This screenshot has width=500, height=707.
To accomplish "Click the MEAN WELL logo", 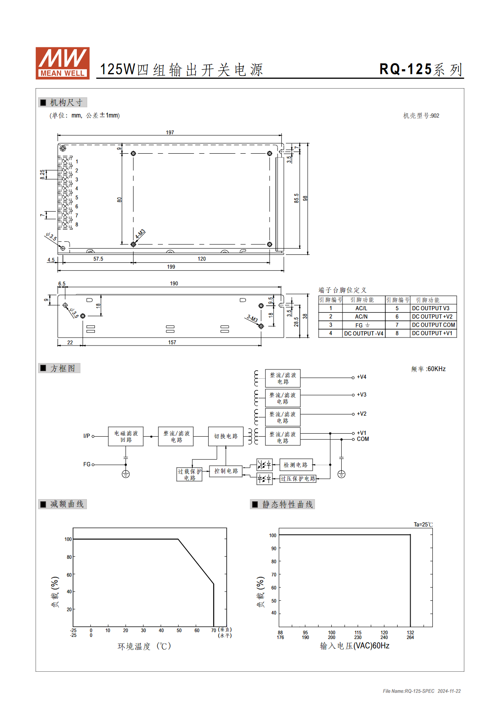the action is (63, 63).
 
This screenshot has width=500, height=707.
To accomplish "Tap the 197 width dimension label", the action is (170, 133).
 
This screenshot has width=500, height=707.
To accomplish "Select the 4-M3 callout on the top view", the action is (141, 234).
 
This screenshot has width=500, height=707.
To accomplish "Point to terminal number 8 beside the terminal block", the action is (77, 225).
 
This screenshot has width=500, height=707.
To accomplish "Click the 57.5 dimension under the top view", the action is (98, 259).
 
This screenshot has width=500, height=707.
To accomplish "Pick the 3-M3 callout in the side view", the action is (252, 318).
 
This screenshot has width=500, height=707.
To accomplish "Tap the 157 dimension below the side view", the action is (172, 343).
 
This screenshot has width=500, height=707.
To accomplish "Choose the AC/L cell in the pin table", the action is (361, 308).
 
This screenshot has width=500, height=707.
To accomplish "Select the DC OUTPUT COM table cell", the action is (433, 325).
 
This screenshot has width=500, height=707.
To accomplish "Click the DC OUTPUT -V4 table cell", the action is (364, 333).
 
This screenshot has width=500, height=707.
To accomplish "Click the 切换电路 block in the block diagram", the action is (226, 436).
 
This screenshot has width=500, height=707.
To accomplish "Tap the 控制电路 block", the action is (226, 471).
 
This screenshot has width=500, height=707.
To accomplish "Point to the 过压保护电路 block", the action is (298, 479).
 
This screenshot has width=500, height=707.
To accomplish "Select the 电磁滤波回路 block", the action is (126, 437).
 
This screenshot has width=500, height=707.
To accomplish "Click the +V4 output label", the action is (361, 377).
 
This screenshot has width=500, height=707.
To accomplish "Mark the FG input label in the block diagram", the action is (87, 464).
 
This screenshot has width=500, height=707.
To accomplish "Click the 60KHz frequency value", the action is (436, 369).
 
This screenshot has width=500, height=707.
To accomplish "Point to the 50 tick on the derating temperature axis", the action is (179, 630).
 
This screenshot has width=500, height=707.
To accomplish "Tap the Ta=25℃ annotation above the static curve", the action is (423, 524).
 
